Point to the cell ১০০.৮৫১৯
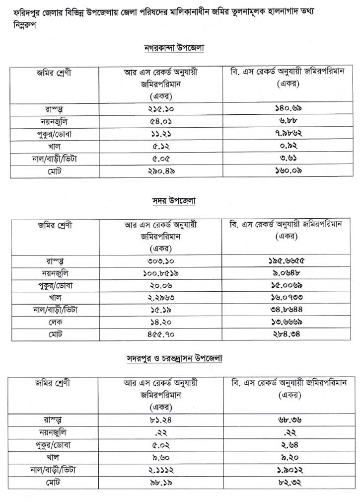[160, 273]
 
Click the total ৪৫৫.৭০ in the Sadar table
[160, 335]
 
